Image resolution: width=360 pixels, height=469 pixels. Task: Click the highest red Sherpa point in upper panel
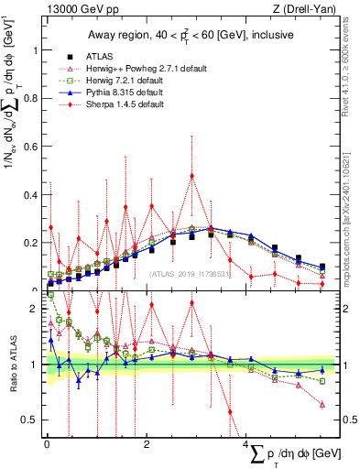191,176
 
